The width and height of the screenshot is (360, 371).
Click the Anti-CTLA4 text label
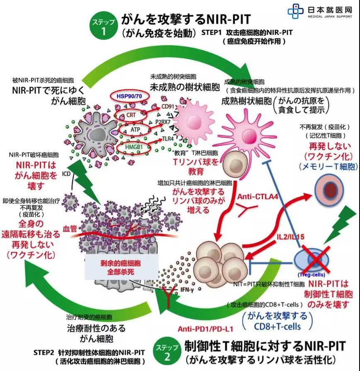[x=257, y=196]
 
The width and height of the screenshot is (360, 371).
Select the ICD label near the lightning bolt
[x=67, y=173]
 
